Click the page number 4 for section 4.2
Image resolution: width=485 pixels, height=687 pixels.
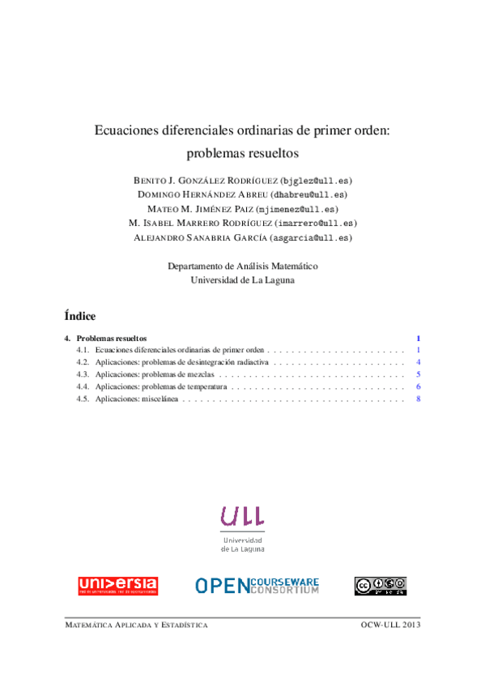point(418,362)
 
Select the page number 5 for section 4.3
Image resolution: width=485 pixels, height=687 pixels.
point(418,375)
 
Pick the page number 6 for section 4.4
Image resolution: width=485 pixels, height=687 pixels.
point(418,387)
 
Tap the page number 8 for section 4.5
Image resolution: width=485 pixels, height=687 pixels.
point(418,400)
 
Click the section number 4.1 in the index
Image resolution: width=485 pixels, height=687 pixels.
point(82,350)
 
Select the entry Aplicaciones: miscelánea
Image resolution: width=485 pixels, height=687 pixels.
point(135,400)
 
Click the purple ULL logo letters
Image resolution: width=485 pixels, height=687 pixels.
point(242,516)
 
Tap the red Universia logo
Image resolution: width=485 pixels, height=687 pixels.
point(117,586)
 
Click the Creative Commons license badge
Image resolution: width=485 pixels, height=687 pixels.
point(380,586)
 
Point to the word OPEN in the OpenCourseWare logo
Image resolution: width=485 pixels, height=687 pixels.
point(221,586)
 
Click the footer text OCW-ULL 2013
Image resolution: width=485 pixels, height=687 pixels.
point(391,625)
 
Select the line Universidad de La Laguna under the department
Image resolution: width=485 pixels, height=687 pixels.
point(242,280)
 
